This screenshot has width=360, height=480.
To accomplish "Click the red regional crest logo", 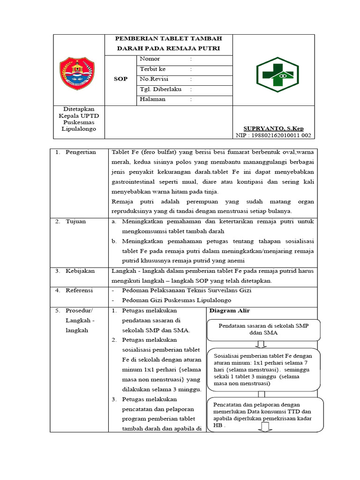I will point(77,74).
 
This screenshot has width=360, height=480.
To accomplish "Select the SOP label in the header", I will point(120,79).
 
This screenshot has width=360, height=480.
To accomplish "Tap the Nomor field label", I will point(150,59).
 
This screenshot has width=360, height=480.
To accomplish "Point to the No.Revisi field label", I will point(154,79).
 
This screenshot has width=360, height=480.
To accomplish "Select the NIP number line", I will point(273,135).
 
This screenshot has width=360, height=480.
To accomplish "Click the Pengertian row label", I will point(81,152).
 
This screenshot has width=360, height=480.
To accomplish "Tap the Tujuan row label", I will point(75,222).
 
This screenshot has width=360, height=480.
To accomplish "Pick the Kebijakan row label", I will point(80,271).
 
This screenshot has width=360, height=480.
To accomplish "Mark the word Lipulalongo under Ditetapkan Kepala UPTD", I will point(79,129).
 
